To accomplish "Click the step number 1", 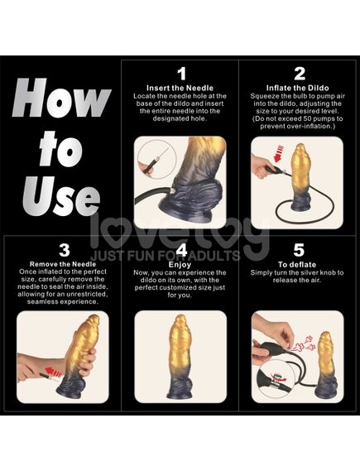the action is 181,74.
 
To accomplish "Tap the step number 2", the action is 300,74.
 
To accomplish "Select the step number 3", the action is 65,250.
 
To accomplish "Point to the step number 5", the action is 299,250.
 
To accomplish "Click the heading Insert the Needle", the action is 180,88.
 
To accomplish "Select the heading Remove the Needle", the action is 63,264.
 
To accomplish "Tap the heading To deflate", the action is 297,265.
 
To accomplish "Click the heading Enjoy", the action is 180,265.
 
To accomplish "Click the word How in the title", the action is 61,98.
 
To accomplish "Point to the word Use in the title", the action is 61,195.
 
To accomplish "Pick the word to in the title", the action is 61,149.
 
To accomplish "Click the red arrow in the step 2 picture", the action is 278,154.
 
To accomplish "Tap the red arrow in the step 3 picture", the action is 53,372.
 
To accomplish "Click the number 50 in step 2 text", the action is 308,118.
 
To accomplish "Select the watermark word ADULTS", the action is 214,256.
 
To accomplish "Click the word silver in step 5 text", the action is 310,272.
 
